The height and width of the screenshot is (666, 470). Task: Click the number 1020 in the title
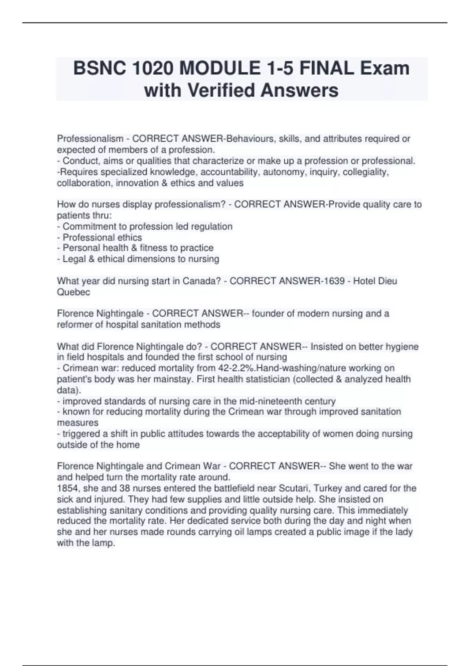(153, 69)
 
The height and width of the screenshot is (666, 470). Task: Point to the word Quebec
(73, 292)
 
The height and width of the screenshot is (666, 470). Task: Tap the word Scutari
(293, 489)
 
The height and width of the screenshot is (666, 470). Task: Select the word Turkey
(327, 489)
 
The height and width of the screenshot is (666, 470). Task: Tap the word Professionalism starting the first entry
(90, 139)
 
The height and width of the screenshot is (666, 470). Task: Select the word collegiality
(365, 172)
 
